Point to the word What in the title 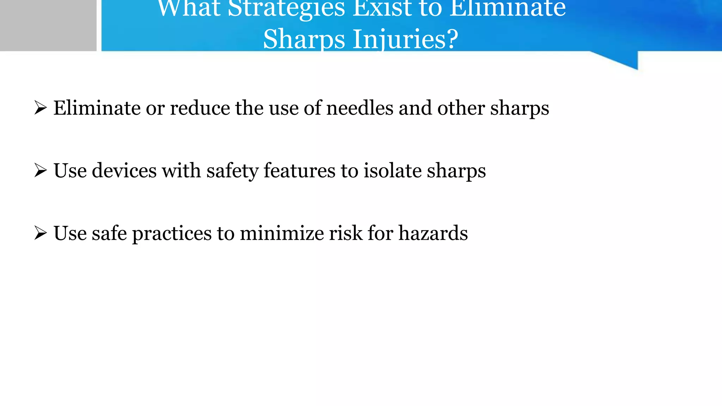[x=189, y=8]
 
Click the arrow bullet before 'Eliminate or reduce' [x=41, y=107]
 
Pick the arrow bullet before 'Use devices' [x=41, y=171]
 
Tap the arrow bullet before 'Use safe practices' [x=41, y=233]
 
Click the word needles [x=360, y=108]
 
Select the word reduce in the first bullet [x=200, y=108]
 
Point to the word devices [x=124, y=171]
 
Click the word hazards [x=433, y=233]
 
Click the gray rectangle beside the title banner [x=48, y=25]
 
